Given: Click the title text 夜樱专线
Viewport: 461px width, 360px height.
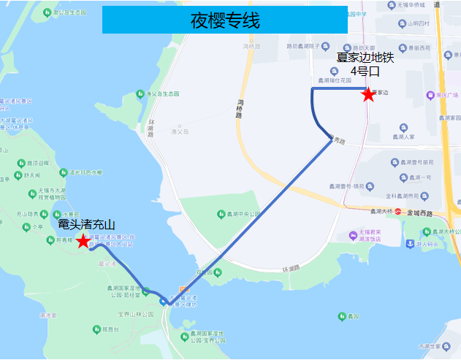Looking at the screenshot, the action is [x=224, y=20].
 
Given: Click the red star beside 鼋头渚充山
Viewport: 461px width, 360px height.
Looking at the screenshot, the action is [x=83, y=241].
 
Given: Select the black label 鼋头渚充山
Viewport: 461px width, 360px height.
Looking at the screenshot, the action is [x=87, y=225].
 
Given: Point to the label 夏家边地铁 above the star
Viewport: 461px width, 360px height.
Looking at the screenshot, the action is [x=365, y=58].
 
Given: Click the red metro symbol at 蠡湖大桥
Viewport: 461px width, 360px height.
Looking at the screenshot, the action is [x=399, y=212].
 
